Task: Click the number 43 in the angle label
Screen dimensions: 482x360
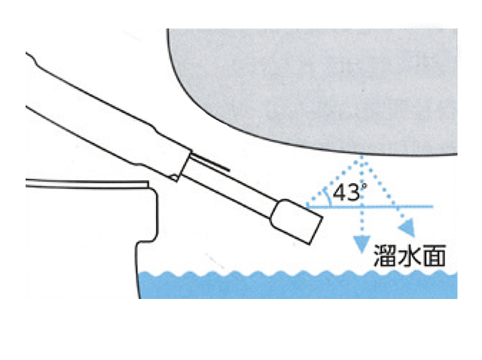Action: click(x=346, y=193)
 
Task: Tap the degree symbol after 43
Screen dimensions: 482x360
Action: click(x=364, y=186)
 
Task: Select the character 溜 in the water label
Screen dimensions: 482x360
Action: click(x=385, y=255)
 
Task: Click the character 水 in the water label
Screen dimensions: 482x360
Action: click(x=410, y=255)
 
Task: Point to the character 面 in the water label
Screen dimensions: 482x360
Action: click(x=435, y=255)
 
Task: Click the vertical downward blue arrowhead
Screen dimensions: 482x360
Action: click(x=361, y=244)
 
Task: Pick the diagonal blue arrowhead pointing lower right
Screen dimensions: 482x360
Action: click(x=407, y=228)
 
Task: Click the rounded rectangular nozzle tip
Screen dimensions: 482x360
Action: click(x=296, y=221)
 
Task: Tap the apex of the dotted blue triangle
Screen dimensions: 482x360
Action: click(x=362, y=157)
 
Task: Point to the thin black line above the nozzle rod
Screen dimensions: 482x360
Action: click(x=210, y=163)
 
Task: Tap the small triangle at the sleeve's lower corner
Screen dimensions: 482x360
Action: click(x=174, y=178)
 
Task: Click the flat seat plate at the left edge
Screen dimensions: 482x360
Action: click(x=87, y=185)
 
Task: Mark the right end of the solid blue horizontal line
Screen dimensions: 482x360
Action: click(x=433, y=206)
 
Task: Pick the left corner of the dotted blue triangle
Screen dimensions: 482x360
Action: click(x=308, y=205)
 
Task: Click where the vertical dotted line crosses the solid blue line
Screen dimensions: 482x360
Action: click(x=362, y=206)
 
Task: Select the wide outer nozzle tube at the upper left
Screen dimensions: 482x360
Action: click(x=108, y=115)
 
